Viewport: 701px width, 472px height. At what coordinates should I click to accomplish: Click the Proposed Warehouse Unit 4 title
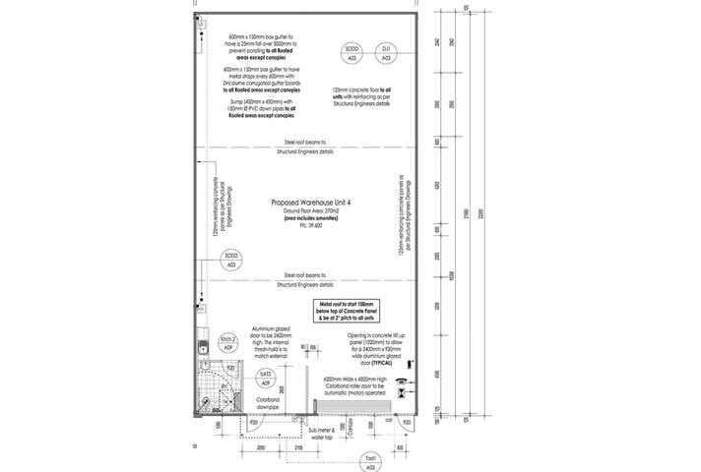coord(311,203)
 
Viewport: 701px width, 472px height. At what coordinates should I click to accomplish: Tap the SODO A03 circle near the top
coord(352,53)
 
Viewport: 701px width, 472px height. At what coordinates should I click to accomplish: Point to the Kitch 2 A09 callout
coord(228,342)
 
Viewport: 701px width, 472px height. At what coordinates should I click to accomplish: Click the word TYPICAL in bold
coord(387,363)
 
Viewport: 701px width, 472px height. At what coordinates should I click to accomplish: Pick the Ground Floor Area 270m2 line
coord(311,212)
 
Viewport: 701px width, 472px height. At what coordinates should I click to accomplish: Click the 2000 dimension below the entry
coord(261,447)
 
